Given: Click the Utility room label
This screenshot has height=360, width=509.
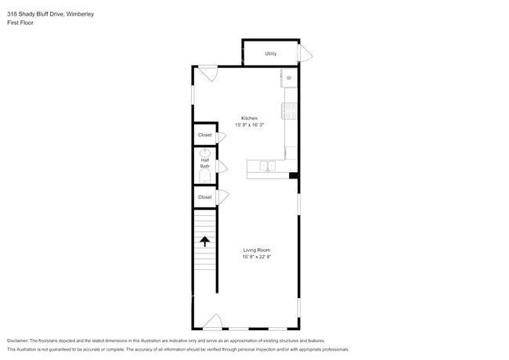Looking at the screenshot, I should pos(270,54).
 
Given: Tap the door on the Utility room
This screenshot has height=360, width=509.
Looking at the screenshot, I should pos(305,54).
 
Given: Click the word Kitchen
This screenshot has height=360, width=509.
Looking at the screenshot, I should pos(249,118).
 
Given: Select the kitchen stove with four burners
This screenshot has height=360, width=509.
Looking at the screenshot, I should pos(290,111).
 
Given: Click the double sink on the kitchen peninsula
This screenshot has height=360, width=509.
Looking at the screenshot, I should pos(267,166).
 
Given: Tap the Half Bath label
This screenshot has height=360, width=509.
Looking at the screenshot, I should pos(204,164).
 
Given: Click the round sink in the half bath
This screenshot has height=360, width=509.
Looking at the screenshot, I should pos(204,153).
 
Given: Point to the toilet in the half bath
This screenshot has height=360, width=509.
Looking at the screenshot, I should pos(205,177).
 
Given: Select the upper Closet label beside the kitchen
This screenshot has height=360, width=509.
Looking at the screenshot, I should pos(204,135).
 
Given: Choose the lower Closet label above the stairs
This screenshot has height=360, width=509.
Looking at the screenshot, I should pos(204,197).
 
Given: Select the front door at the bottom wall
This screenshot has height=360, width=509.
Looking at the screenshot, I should pos(212,322).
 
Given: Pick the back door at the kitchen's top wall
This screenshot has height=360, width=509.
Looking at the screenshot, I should pos(208,73).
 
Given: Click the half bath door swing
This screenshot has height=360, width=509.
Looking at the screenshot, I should pos(222,167).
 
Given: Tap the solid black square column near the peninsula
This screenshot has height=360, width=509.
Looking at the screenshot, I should pos(293,175).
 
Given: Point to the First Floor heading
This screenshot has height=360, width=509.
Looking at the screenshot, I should pos(21,23).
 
